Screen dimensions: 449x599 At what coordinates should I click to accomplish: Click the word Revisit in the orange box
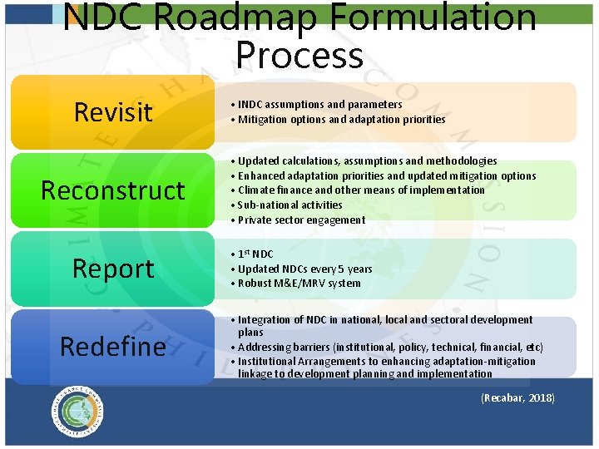pyautogui.click(x=113, y=111)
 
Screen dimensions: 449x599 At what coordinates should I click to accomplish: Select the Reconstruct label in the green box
pyautogui.click(x=113, y=190)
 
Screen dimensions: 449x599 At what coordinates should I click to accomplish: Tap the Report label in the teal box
pyautogui.click(x=113, y=269)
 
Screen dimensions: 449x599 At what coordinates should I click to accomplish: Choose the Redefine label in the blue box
pyautogui.click(x=113, y=346)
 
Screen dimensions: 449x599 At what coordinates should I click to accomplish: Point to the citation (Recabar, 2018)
pyautogui.click(x=517, y=398)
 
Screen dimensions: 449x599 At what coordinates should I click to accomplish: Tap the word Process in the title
pyautogui.click(x=299, y=55)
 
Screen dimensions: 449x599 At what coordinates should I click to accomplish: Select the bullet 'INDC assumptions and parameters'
pyautogui.click(x=319, y=105)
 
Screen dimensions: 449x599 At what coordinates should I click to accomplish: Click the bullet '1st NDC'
pyautogui.click(x=255, y=254)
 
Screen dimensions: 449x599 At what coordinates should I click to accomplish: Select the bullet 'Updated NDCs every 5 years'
pyautogui.click(x=304, y=269)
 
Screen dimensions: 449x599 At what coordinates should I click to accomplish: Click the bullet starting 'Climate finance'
pyautogui.click(x=361, y=190)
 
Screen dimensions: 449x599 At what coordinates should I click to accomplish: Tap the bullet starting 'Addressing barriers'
pyautogui.click(x=390, y=347)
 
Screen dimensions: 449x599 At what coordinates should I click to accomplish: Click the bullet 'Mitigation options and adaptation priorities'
pyautogui.click(x=341, y=120)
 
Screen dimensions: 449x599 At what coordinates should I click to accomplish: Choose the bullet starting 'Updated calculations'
pyautogui.click(x=367, y=161)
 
